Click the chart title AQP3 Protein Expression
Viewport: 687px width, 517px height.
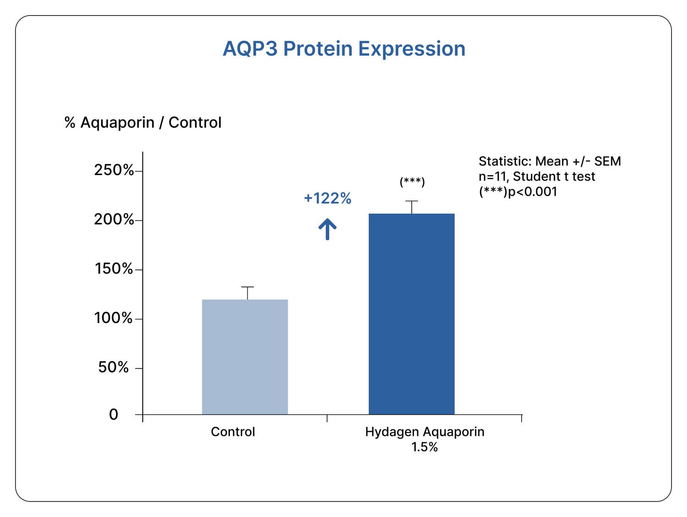pyautogui.click(x=344, y=49)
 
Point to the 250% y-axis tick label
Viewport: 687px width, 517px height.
pyautogui.click(x=114, y=170)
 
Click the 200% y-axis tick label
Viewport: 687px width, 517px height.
pyautogui.click(x=114, y=220)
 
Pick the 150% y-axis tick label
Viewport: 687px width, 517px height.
pyautogui.click(x=114, y=269)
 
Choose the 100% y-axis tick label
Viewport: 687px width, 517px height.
pyautogui.click(x=114, y=318)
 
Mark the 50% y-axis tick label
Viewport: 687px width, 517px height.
pyautogui.click(x=114, y=367)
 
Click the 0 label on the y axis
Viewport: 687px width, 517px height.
pyautogui.click(x=114, y=415)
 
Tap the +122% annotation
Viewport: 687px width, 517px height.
pyautogui.click(x=327, y=198)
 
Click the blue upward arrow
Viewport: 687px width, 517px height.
pyautogui.click(x=327, y=229)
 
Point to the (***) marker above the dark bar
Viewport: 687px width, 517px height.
pyautogui.click(x=412, y=182)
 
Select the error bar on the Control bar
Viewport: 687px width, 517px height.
pyautogui.click(x=247, y=292)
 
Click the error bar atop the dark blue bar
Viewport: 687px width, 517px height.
pyautogui.click(x=412, y=207)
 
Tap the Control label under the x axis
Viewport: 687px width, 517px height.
pyautogui.click(x=233, y=432)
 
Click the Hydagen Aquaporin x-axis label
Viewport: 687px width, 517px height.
pyautogui.click(x=425, y=432)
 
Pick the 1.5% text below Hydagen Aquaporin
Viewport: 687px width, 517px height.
pyautogui.click(x=425, y=447)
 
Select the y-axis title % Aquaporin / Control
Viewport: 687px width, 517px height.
pyautogui.click(x=143, y=123)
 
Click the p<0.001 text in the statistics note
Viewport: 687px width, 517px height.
pyautogui.click(x=533, y=192)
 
